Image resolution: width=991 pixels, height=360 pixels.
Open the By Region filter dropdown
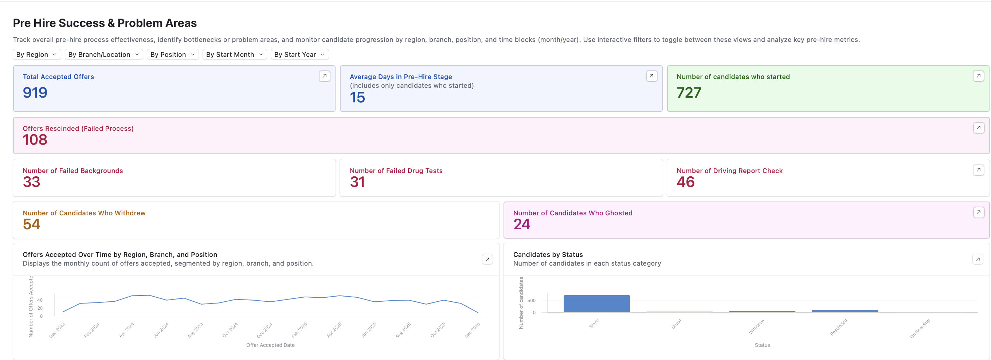pos(36,55)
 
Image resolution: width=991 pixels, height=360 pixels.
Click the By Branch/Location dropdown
pos(103,55)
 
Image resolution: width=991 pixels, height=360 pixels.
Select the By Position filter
pos(172,55)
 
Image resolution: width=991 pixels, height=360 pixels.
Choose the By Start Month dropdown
pos(234,55)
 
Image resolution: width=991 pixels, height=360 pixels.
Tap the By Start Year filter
pos(299,55)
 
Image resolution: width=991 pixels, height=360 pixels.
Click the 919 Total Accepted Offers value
pos(35,93)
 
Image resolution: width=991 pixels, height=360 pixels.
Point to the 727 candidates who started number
pos(689,93)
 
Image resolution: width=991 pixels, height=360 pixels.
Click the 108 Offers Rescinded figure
pos(35,140)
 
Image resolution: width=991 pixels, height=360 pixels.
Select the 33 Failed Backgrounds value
pos(32,182)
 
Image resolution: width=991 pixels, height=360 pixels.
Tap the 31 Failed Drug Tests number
pos(357,182)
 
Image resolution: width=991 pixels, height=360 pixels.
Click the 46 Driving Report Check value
pos(686,182)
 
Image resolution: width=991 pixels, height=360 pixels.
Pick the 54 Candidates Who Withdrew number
pos(32,224)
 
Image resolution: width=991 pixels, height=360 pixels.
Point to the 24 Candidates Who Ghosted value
pos(522,224)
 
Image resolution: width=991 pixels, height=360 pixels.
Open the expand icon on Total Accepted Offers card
pos(324,76)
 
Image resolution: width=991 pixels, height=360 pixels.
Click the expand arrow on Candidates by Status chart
pos(978,259)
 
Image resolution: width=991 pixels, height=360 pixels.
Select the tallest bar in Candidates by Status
pos(597,304)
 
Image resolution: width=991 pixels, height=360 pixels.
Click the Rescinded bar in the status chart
pos(845,311)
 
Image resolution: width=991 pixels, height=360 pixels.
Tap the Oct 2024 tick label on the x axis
pos(230,330)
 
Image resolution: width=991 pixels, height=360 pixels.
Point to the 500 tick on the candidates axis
pos(531,300)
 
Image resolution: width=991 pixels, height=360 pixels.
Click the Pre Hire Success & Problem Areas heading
pos(105,23)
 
